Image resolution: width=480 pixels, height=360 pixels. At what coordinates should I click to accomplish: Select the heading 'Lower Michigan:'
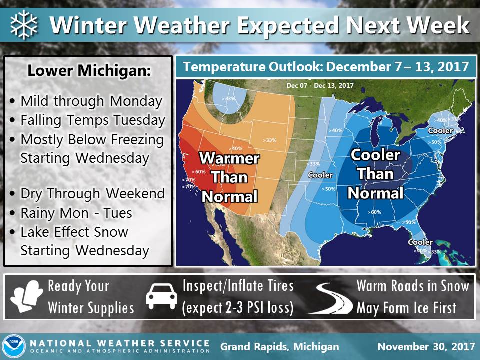[89, 71]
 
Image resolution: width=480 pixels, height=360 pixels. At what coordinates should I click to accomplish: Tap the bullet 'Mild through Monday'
[91, 101]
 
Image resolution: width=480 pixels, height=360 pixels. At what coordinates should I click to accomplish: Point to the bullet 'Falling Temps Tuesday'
[92, 120]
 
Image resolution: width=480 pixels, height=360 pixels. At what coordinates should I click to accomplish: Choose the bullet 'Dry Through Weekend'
[92, 193]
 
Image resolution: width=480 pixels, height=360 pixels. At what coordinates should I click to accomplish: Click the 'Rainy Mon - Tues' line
[76, 213]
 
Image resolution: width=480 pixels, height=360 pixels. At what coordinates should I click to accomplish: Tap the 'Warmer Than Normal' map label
[229, 177]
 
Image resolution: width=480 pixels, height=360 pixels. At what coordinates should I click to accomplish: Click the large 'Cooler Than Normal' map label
[375, 174]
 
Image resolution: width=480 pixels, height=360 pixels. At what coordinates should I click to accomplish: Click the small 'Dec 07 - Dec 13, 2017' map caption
[320, 85]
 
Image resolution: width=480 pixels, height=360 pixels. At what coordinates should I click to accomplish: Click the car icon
[161, 297]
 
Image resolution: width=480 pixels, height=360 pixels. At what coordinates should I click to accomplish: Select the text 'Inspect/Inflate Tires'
[238, 286]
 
